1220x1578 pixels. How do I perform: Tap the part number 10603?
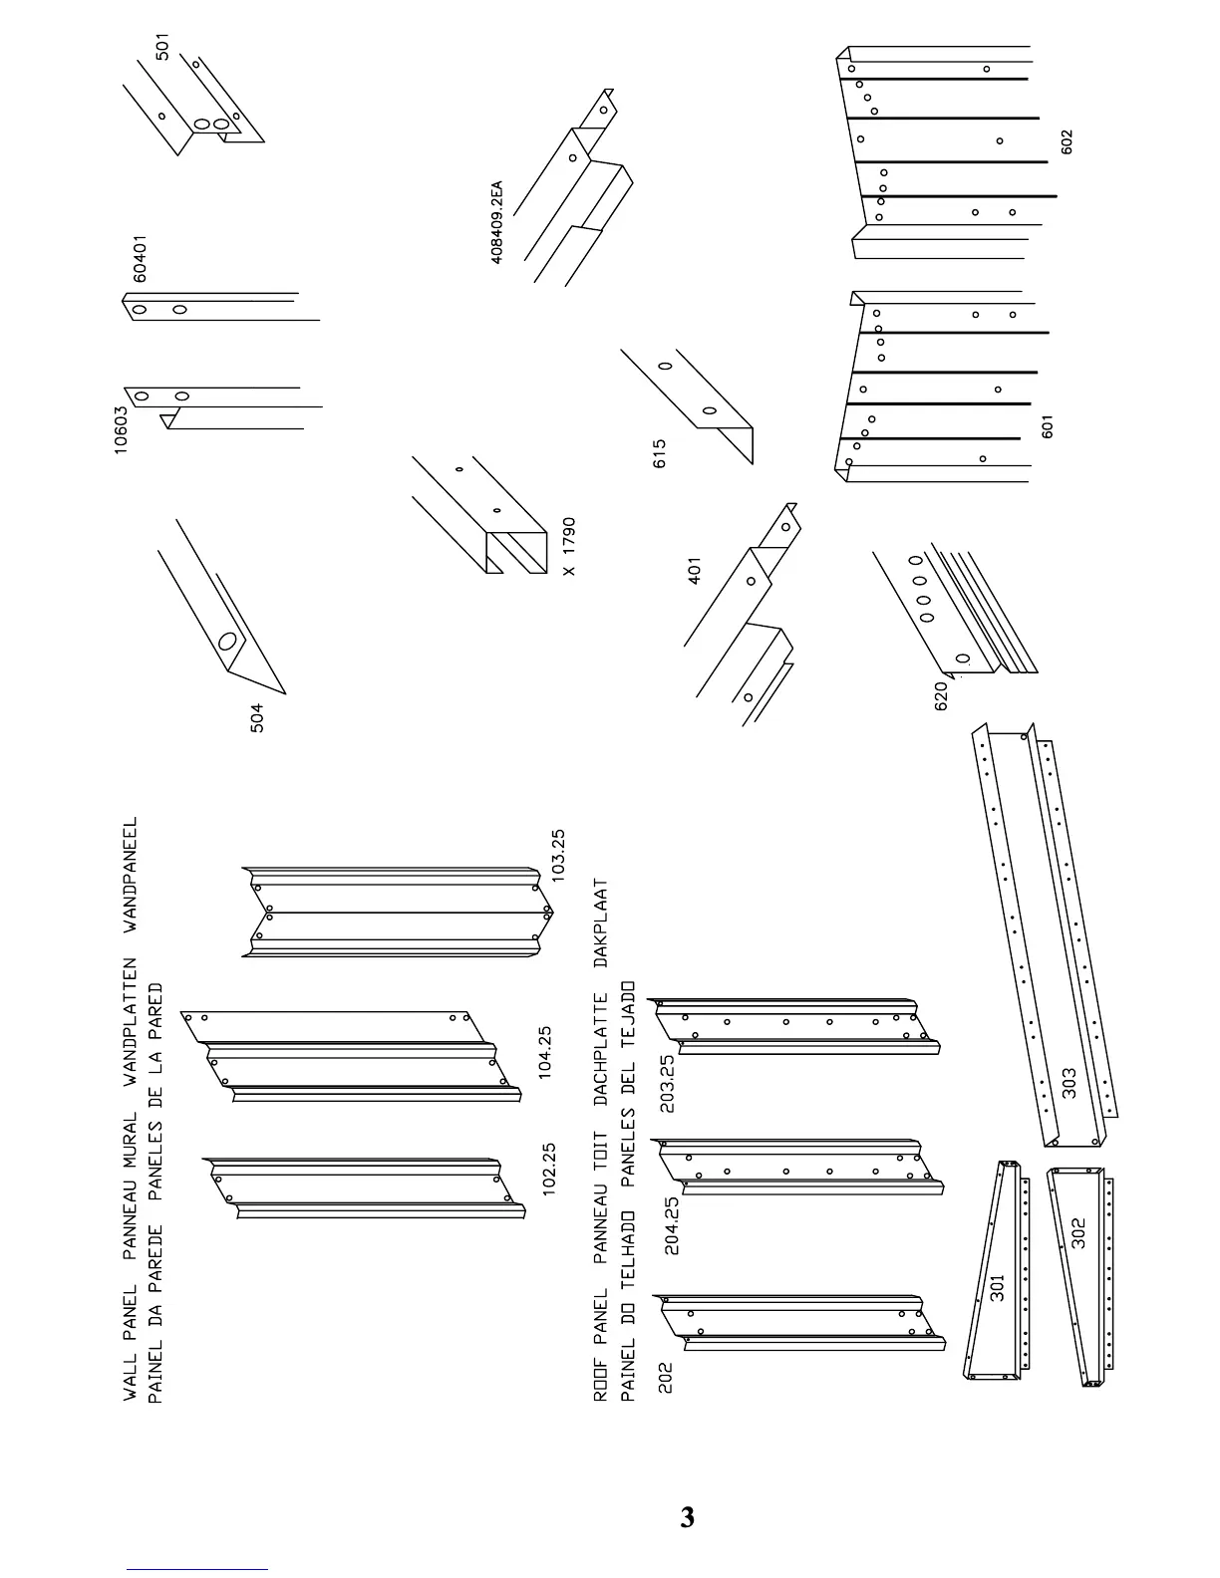(x=121, y=430)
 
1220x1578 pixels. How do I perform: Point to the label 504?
(x=258, y=718)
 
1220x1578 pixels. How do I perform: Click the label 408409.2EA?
(x=496, y=222)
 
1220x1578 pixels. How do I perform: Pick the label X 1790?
(x=569, y=547)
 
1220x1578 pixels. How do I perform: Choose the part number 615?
(x=659, y=454)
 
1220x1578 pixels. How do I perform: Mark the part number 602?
(x=1067, y=141)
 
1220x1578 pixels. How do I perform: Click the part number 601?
(x=1047, y=426)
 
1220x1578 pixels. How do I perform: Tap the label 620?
(x=940, y=695)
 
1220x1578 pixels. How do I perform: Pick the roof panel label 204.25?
(x=672, y=1224)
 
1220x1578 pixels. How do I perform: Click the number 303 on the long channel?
(x=1068, y=1082)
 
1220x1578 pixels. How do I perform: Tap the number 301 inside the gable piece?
(x=997, y=1289)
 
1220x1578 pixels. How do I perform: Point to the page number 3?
(x=687, y=1517)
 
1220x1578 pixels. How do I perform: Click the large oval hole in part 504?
(x=228, y=643)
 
